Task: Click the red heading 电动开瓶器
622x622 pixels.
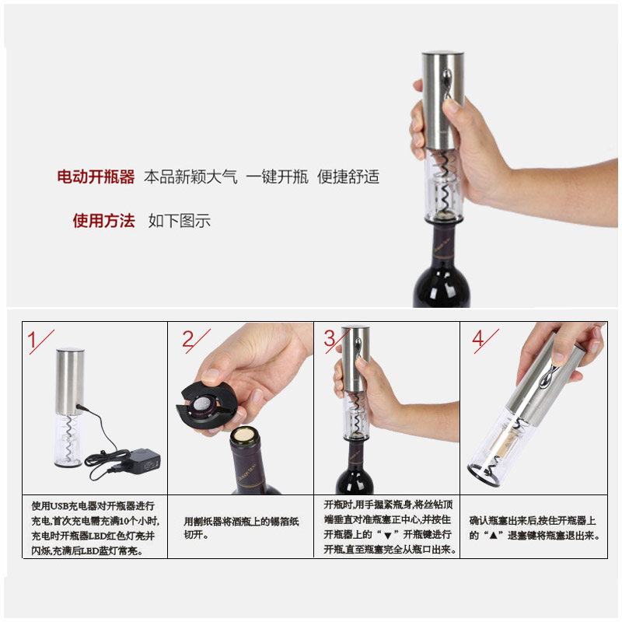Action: coord(96,176)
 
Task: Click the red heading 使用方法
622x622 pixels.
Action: coord(103,221)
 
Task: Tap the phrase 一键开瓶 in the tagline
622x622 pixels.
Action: coord(277,176)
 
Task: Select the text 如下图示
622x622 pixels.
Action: coord(180,221)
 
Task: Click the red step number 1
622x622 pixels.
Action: coord(32,340)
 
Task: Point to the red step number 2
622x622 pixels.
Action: coord(188,339)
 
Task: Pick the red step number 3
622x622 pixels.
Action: coord(330,338)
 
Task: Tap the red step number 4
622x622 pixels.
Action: coord(478,338)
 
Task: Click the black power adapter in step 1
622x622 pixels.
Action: coord(145,460)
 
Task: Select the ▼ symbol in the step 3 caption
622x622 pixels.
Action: coord(388,536)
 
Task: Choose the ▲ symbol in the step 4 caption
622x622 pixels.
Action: coord(493,536)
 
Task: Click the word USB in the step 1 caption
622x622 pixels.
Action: coord(59,506)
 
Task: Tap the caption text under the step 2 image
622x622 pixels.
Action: coord(241,528)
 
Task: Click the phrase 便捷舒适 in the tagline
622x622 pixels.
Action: coord(348,176)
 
